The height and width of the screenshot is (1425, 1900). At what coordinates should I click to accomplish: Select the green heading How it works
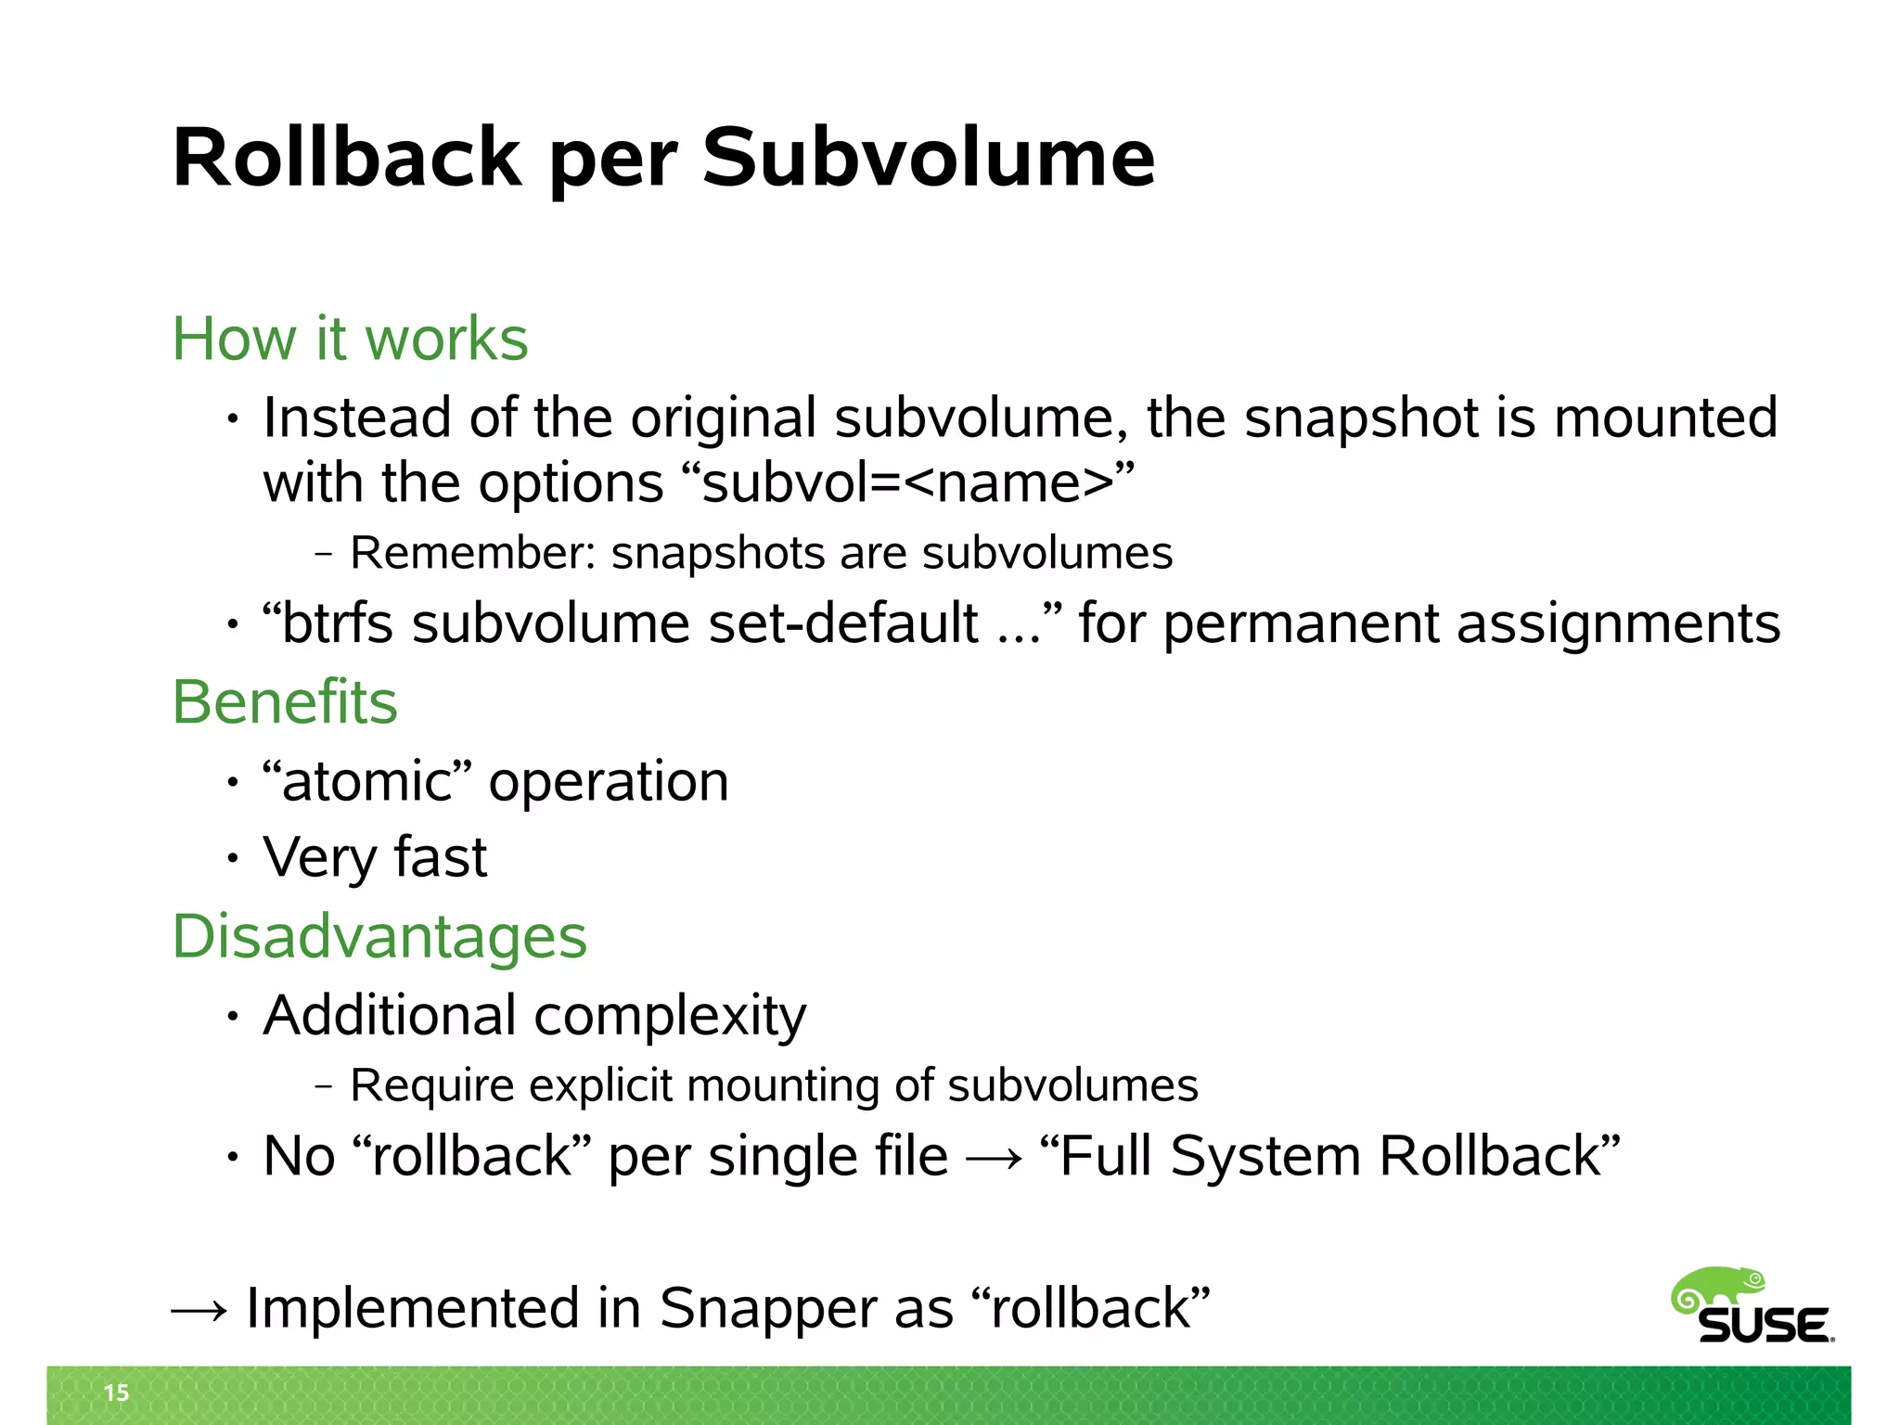[x=350, y=339]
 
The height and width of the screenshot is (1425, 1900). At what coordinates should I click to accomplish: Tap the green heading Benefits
[x=285, y=702]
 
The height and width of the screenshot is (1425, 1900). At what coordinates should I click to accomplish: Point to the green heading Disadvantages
[x=379, y=936]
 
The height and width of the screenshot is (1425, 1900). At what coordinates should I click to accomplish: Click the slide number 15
[x=116, y=1393]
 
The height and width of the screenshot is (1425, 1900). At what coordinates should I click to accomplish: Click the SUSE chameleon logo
[x=1752, y=1306]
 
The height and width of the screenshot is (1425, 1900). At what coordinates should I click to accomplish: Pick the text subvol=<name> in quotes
[x=907, y=483]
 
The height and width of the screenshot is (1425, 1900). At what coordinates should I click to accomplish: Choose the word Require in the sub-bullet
[x=431, y=1085]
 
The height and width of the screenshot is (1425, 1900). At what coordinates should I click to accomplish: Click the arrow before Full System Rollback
[x=994, y=1158]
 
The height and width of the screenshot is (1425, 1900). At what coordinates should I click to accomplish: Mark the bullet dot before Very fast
[x=233, y=858]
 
